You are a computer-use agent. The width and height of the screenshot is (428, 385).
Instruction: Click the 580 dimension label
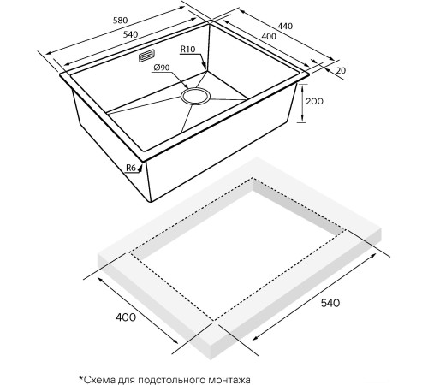120,21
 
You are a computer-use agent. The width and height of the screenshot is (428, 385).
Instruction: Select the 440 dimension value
285,26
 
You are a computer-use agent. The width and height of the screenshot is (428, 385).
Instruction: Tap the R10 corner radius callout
187,50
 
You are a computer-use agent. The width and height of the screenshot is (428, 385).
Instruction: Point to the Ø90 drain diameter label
162,68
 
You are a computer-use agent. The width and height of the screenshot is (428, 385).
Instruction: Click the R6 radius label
131,168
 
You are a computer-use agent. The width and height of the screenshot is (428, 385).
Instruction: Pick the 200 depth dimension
314,101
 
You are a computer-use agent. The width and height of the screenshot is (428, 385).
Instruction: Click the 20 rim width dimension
341,70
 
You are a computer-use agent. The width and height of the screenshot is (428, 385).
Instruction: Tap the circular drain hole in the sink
195,96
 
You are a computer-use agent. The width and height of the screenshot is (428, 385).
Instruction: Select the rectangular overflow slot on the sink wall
147,56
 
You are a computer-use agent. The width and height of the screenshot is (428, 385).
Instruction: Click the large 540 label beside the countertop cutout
330,303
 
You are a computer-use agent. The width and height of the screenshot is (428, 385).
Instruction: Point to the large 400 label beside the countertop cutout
126,317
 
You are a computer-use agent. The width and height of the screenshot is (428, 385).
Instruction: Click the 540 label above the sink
130,34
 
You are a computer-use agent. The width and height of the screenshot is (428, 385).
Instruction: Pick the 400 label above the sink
269,36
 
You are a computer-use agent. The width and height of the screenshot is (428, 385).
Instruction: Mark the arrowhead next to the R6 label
140,169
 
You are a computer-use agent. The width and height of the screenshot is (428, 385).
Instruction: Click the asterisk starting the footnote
81,378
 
